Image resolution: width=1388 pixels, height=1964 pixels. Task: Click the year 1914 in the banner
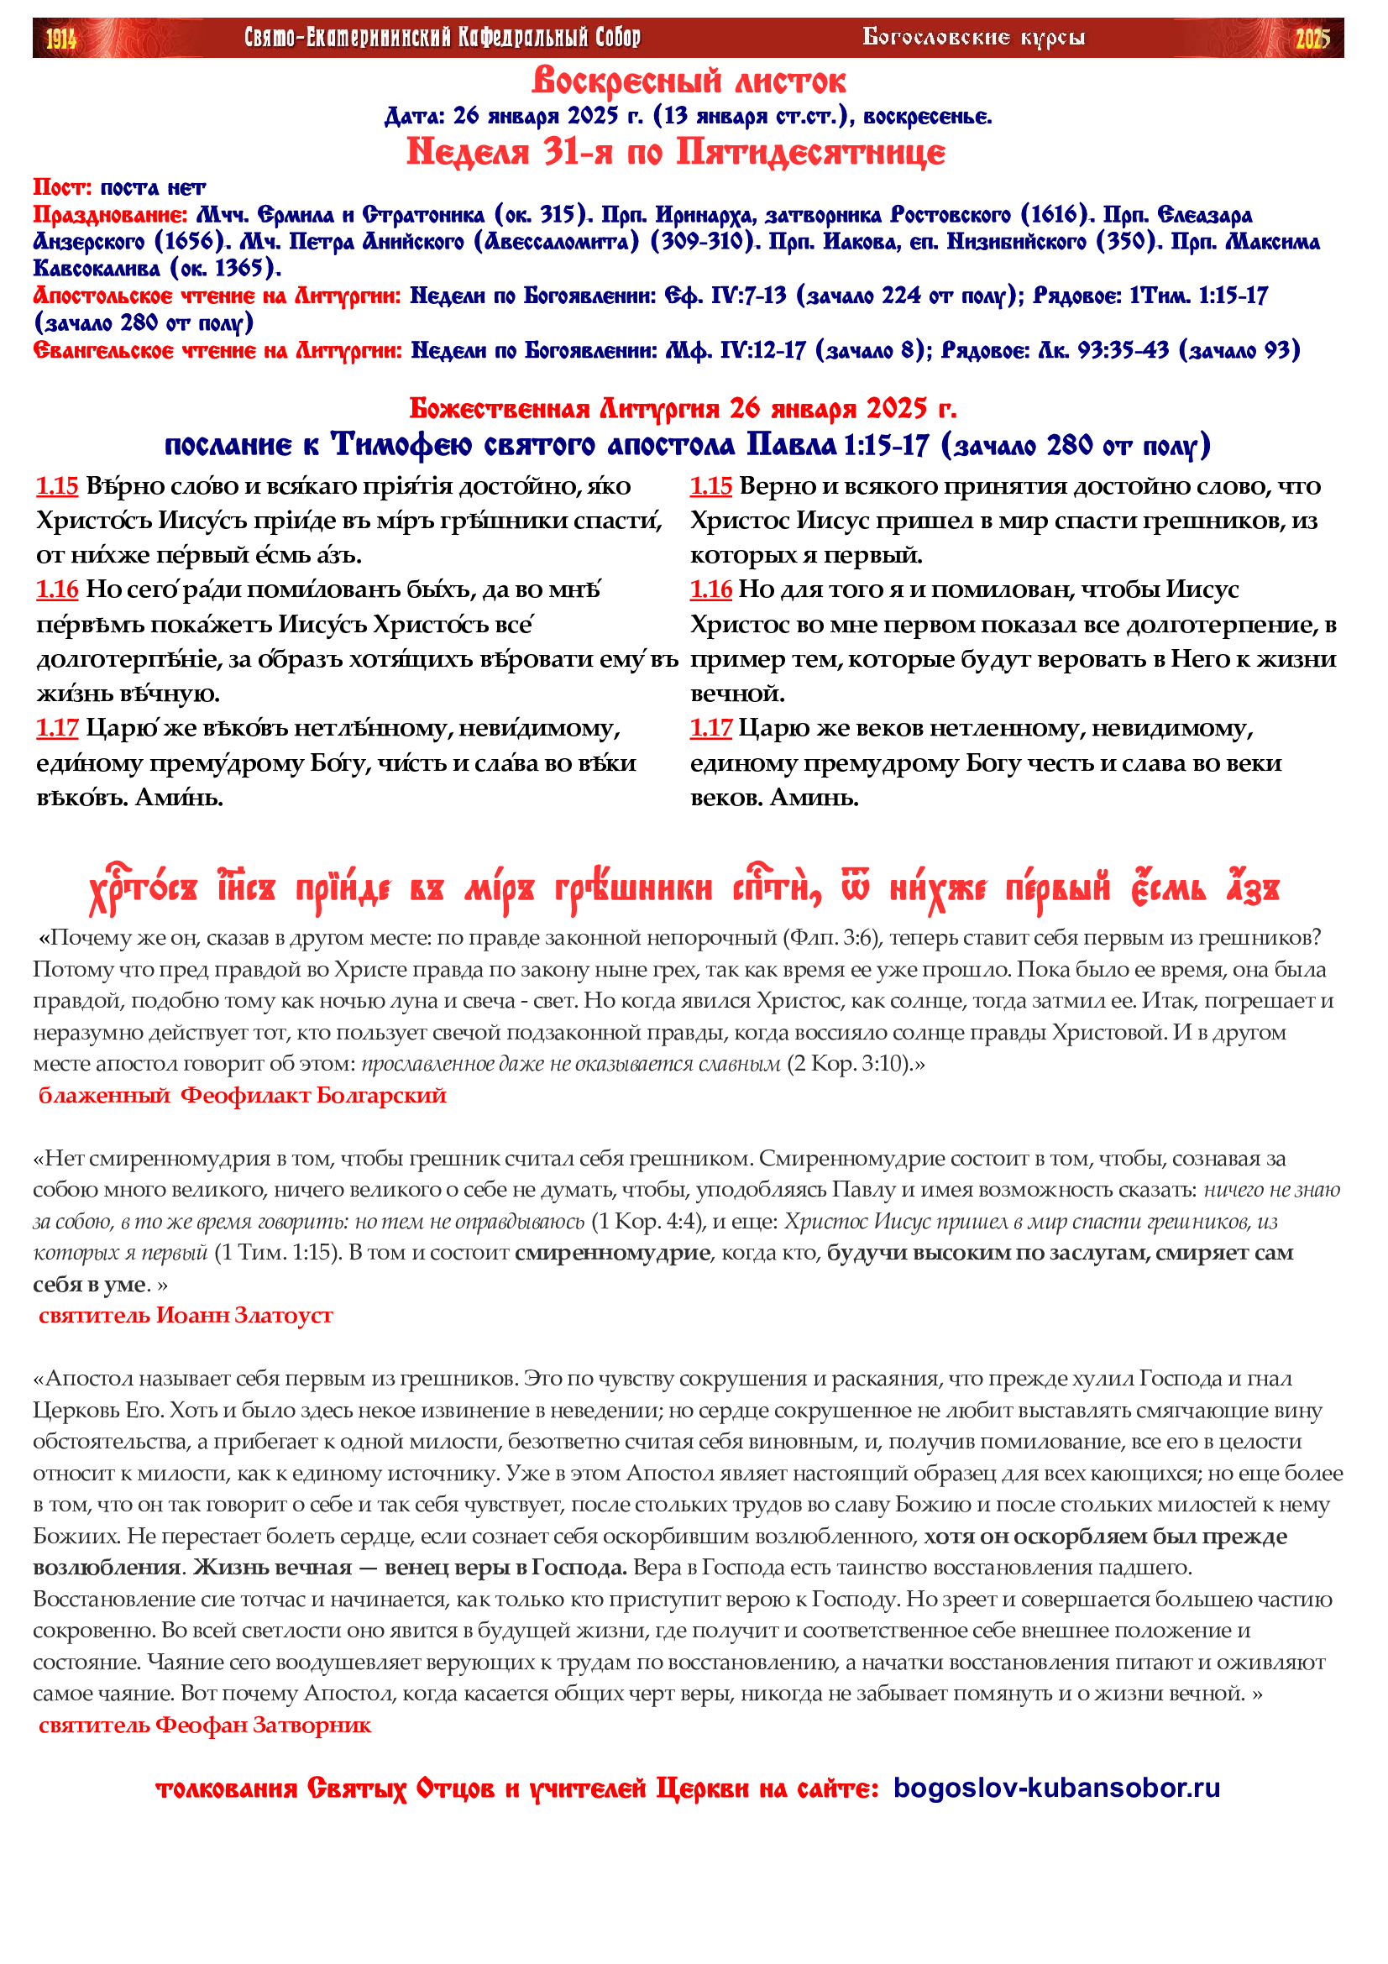60,39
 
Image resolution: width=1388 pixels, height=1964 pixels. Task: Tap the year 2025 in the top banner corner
1312,39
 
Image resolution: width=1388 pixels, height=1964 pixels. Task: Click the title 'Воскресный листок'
689,81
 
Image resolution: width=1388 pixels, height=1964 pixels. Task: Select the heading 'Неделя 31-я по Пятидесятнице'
676,152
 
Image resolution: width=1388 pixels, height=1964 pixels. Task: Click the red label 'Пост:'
62,187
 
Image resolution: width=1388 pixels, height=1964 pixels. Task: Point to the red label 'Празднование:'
110,215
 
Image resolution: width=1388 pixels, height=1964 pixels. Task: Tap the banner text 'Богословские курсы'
973,38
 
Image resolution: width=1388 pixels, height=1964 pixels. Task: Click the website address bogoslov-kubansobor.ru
1056,1789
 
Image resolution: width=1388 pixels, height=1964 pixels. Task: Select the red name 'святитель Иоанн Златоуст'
186,1315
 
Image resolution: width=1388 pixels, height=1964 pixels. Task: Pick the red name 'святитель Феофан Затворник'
205,1725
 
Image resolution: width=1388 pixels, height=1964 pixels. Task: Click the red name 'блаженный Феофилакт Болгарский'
242,1095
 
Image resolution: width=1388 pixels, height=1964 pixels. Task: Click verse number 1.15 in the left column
57,486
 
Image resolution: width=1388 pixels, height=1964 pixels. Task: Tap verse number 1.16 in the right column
710,589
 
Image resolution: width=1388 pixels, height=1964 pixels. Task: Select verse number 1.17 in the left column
57,728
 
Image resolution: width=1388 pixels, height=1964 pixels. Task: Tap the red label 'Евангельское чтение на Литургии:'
217,351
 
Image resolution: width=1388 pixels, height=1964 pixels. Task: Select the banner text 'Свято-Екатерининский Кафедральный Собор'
443,38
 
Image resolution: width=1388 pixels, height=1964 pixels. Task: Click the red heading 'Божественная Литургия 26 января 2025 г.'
683,409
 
